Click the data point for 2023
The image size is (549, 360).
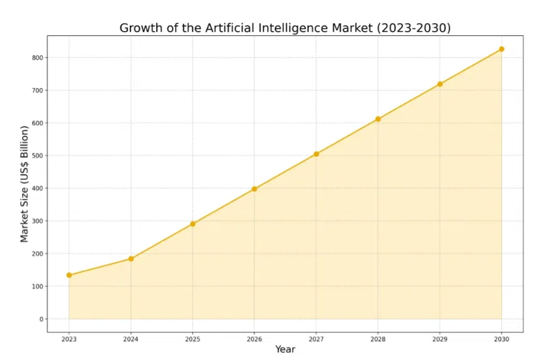(69, 275)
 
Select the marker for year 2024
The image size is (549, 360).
(131, 259)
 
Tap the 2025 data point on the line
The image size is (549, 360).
(193, 223)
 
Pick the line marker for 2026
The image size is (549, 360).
(254, 189)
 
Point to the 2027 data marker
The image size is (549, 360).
(316, 154)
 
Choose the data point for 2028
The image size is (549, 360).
(378, 119)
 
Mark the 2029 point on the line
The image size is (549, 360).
(439, 84)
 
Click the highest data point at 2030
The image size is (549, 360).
(501, 49)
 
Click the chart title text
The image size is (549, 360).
(285, 28)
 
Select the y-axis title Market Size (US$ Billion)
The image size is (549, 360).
(25, 184)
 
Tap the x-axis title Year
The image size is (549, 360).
(285, 349)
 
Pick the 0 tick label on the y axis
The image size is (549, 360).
(41, 319)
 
